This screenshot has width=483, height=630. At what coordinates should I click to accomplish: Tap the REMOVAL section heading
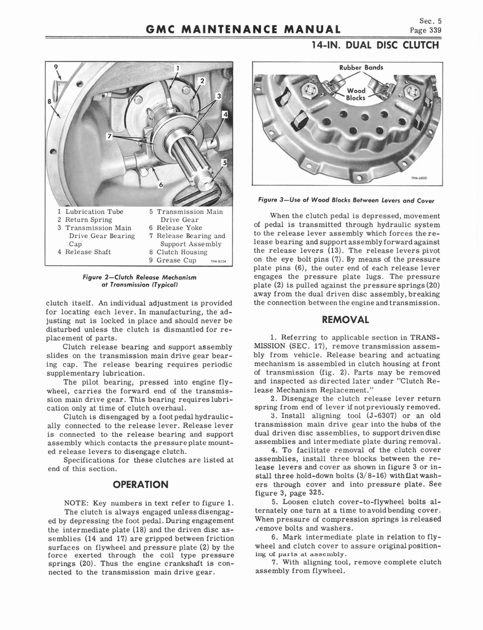tap(345, 320)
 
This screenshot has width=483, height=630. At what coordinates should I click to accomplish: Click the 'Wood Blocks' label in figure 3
tap(356, 94)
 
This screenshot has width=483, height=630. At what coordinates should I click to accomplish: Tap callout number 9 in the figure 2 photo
tap(56, 68)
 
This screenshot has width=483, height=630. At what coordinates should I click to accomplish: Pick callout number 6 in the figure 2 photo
tap(161, 185)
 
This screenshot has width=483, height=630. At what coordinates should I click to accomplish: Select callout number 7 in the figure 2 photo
tap(108, 137)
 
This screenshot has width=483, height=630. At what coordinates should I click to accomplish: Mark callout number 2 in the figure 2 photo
tap(202, 80)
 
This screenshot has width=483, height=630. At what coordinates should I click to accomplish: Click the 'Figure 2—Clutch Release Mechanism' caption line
tap(139, 277)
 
